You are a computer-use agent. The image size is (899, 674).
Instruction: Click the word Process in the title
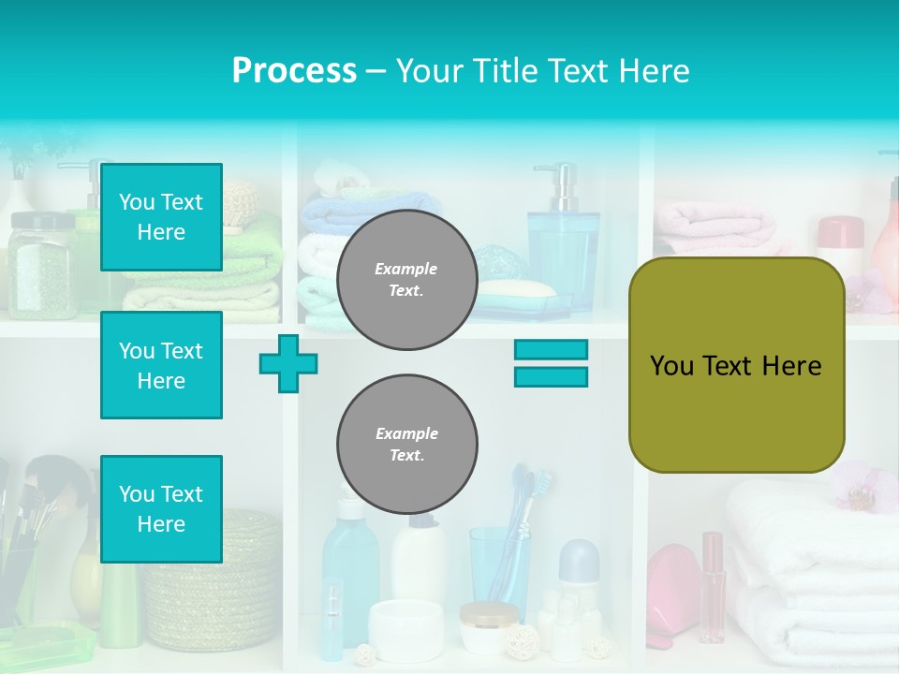click(x=294, y=71)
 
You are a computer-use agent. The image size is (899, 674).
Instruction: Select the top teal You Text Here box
click(x=161, y=217)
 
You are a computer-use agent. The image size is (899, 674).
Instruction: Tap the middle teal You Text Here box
click(x=161, y=365)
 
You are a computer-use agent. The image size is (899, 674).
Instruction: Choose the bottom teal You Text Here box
click(x=161, y=509)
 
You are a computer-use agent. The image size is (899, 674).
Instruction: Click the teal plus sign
click(x=288, y=363)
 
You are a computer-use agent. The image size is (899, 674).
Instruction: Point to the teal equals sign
click(x=551, y=363)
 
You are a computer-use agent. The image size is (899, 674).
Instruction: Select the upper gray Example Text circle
click(x=406, y=280)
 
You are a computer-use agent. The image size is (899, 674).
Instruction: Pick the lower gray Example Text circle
click(x=406, y=445)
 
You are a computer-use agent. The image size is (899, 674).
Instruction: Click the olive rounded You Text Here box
click(x=736, y=365)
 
